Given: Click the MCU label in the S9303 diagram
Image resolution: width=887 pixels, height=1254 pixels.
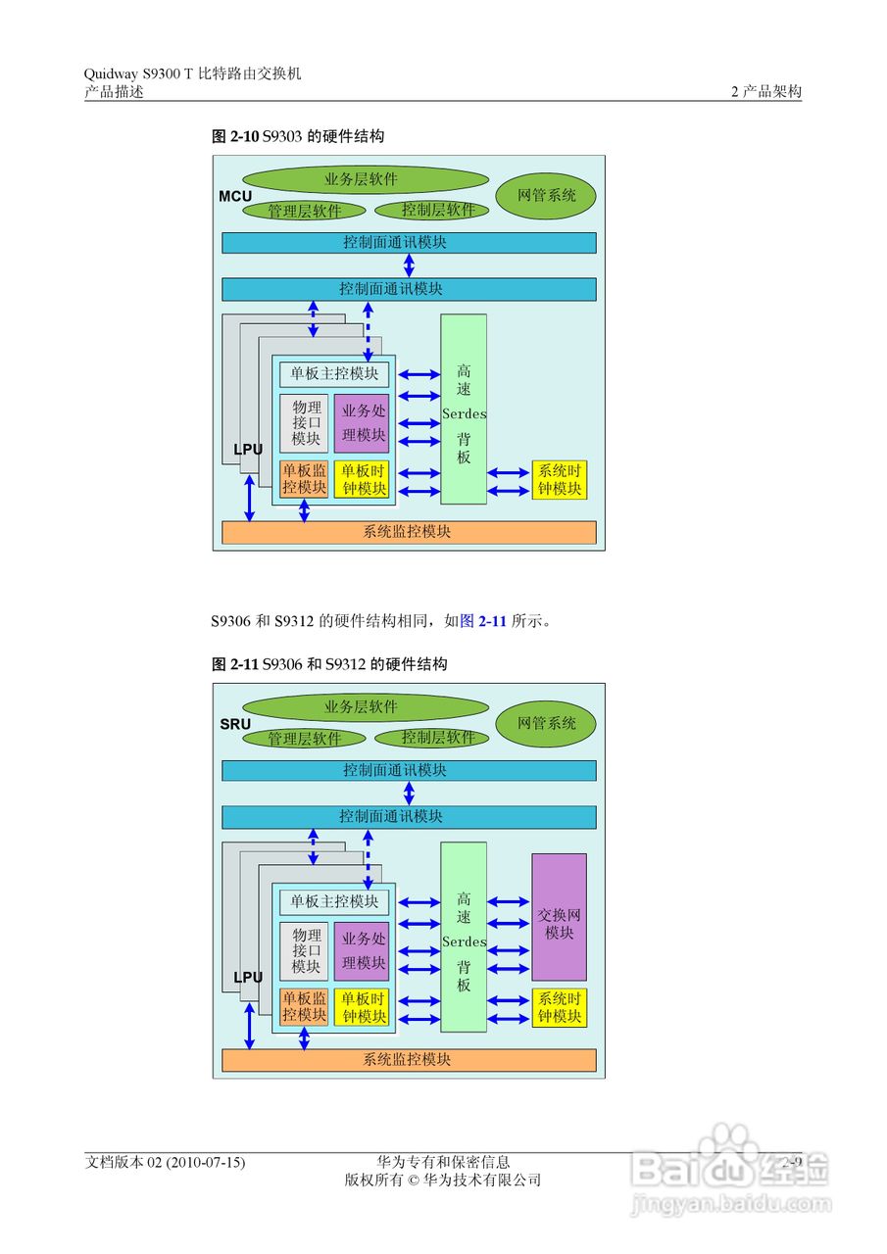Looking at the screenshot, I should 235,197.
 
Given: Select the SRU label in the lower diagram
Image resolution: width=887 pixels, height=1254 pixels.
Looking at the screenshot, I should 235,724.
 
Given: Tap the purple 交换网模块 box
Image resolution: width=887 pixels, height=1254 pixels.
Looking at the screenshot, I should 560,917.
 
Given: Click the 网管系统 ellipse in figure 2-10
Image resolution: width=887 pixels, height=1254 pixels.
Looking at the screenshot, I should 546,196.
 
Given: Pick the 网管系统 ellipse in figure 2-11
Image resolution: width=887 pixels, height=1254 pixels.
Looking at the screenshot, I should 546,724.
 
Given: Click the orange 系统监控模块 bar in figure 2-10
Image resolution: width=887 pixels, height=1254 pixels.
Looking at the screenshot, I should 409,532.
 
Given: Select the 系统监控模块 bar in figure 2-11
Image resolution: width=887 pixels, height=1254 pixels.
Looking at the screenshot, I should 409,1060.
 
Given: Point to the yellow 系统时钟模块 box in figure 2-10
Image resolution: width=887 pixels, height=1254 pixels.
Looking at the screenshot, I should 560,480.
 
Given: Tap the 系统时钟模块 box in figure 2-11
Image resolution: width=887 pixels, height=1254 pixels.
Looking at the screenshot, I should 560,1007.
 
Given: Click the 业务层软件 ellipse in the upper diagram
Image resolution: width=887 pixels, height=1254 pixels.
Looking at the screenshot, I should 365,180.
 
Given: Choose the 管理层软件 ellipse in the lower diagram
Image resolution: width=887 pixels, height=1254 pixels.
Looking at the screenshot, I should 304,739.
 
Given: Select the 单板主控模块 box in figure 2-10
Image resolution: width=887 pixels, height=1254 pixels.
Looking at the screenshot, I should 334,374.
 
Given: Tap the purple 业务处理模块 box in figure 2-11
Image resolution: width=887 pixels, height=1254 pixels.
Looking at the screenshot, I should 362,950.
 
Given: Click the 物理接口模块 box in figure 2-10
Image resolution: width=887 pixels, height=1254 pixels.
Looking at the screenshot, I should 305,423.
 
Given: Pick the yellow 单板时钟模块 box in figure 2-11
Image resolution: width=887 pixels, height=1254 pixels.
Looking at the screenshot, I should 362,1007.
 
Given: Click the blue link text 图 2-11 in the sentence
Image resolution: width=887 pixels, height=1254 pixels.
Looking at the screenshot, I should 483,621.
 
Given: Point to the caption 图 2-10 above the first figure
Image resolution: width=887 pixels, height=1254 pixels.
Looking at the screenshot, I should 235,137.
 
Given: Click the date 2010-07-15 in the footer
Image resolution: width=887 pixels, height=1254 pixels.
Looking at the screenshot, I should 206,1163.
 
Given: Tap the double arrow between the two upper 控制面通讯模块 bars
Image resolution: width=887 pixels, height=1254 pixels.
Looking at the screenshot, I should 409,265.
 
